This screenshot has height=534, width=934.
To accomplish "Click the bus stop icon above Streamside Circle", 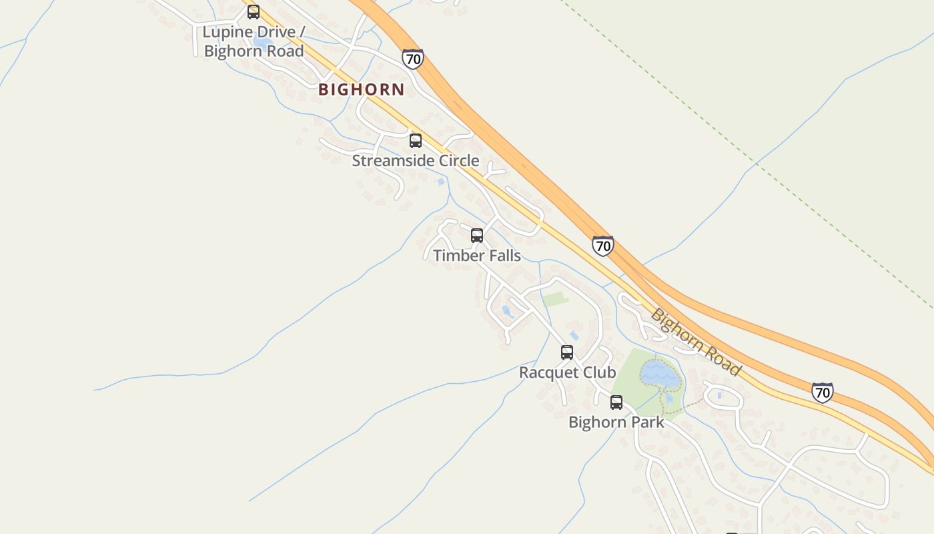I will [x=416, y=141].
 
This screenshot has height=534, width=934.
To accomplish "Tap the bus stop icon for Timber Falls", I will [x=477, y=236].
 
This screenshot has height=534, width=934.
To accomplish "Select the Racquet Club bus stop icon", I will [x=567, y=352].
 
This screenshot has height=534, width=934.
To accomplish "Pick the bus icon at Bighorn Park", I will [x=616, y=403].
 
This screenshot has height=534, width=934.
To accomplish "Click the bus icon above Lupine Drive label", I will [x=254, y=12].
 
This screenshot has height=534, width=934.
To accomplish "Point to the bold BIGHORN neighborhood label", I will [x=361, y=89].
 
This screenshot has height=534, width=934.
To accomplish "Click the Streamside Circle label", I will [x=415, y=161].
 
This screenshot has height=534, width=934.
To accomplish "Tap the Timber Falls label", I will [x=476, y=256].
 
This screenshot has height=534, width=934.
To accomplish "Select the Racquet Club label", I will [x=567, y=372].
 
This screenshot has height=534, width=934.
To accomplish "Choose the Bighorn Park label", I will [x=616, y=423].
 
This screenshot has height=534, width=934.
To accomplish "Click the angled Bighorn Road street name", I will [x=696, y=342].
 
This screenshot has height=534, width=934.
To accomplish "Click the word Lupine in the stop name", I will [x=227, y=32].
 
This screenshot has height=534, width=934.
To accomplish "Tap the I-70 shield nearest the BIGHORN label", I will [x=413, y=59].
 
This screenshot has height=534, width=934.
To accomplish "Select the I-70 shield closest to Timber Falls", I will [x=602, y=246].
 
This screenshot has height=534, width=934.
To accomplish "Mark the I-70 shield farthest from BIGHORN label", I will [x=822, y=392].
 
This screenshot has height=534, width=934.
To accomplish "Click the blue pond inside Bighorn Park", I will [x=660, y=375].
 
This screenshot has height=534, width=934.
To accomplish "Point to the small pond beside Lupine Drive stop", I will [x=262, y=41].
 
